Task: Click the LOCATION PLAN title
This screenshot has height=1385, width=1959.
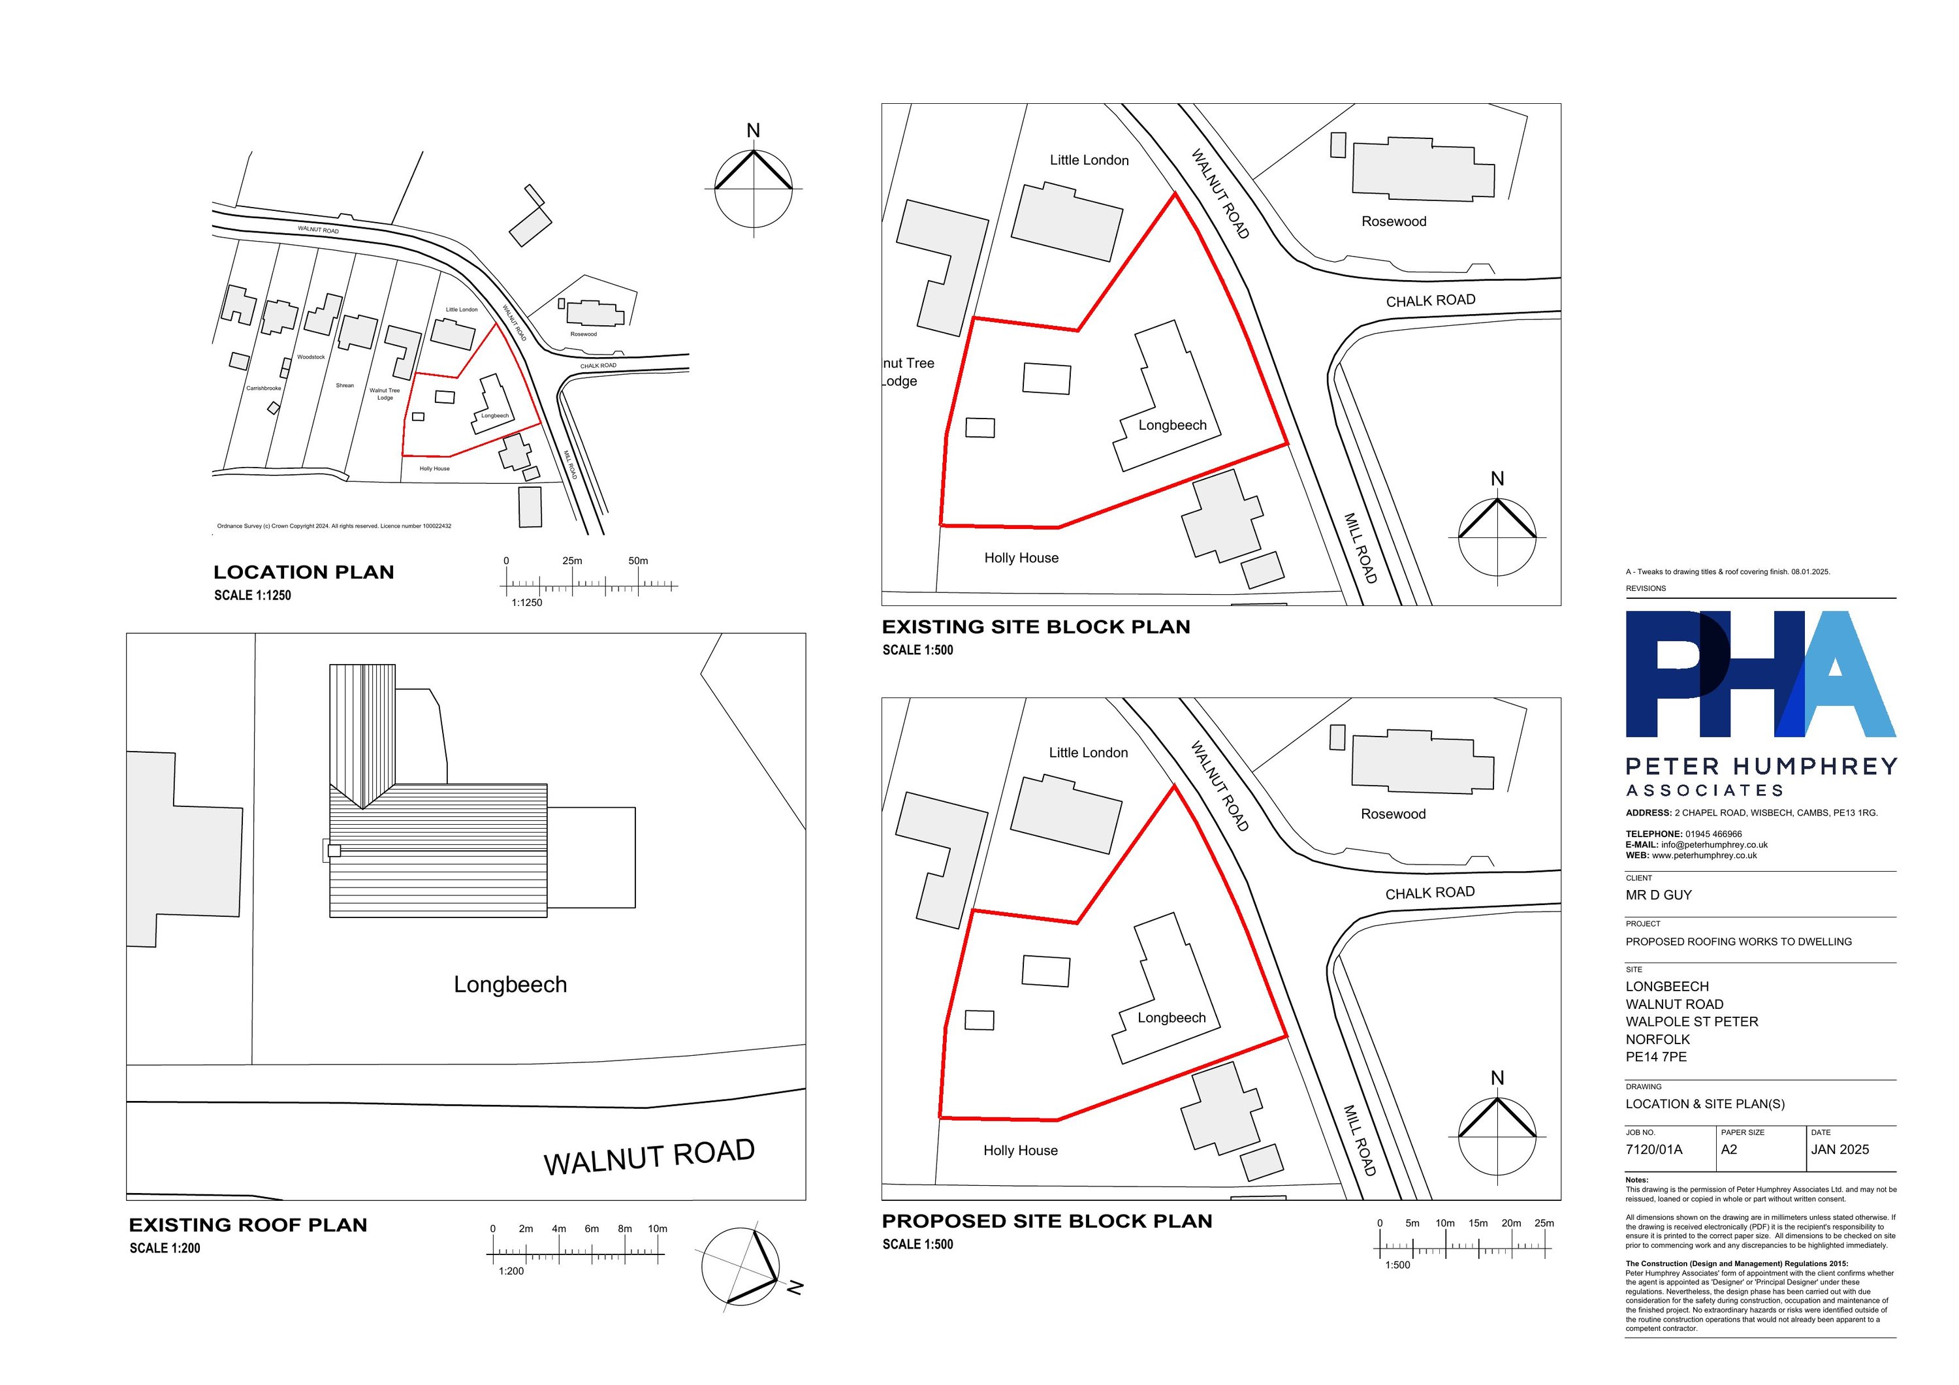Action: (304, 573)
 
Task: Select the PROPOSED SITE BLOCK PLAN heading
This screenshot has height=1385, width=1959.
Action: (1047, 1221)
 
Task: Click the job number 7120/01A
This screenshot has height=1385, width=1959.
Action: (1653, 1149)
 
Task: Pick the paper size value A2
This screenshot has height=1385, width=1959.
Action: (1728, 1149)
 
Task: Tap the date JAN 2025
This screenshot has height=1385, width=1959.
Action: (1840, 1149)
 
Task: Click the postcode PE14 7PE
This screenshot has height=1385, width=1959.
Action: (1655, 1057)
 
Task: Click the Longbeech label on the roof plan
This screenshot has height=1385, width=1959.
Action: (510, 985)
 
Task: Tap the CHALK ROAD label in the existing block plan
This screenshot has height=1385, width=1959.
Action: (1430, 300)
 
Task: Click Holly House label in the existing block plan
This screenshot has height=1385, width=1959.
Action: (1021, 558)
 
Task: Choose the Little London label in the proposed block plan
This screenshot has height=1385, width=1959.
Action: (1088, 753)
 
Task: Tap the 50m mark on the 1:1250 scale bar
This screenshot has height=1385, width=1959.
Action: (638, 562)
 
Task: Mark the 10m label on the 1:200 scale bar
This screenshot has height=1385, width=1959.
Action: (657, 1229)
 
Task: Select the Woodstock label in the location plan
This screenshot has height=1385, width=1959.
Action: (311, 357)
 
